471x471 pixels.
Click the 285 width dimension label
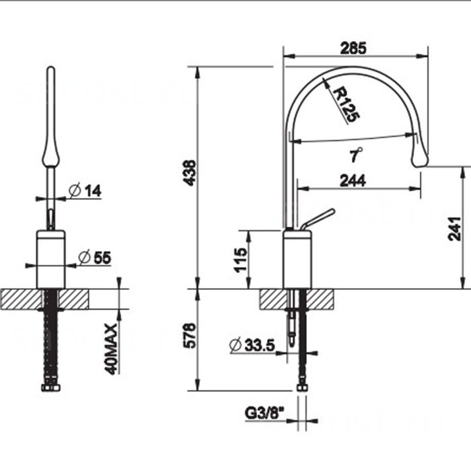point(353,48)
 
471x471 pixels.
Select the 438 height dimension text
point(190,173)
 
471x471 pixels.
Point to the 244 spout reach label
point(353,180)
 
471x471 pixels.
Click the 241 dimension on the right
point(454,229)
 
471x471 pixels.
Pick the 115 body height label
point(241,260)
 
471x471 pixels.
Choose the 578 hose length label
point(190,336)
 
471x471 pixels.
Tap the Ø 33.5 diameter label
point(252,345)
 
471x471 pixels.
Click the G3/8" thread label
point(264,413)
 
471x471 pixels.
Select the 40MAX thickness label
point(111,349)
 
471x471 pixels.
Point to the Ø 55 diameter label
point(94,258)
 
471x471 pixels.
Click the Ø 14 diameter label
point(85,190)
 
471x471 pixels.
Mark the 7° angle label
point(356,155)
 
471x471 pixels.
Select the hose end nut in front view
point(50,388)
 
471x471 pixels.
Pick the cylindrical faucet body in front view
point(50,260)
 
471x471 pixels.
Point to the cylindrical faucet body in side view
point(297,260)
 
